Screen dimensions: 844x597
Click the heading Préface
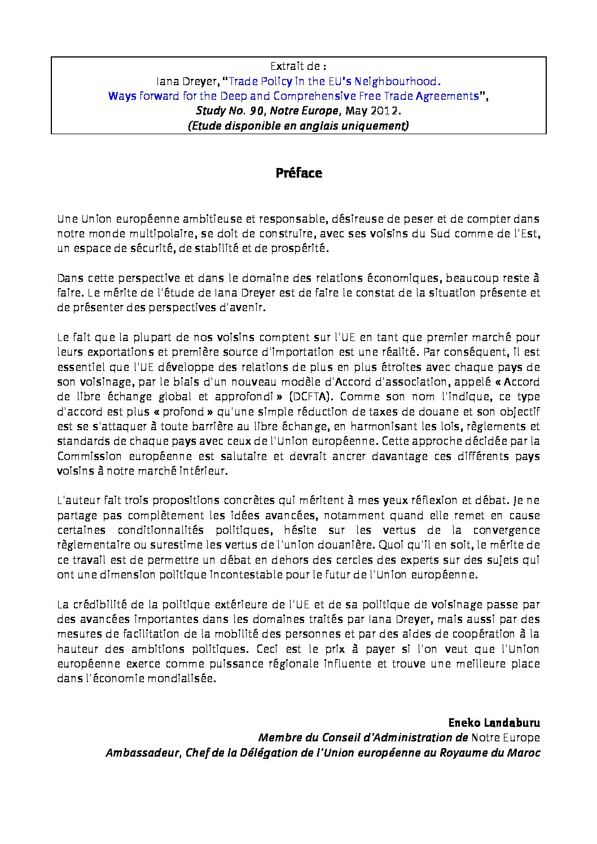[298, 173]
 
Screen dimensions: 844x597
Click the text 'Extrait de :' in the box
[298, 66]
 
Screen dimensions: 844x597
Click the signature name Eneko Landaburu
[494, 722]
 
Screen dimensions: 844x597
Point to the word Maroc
[525, 753]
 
